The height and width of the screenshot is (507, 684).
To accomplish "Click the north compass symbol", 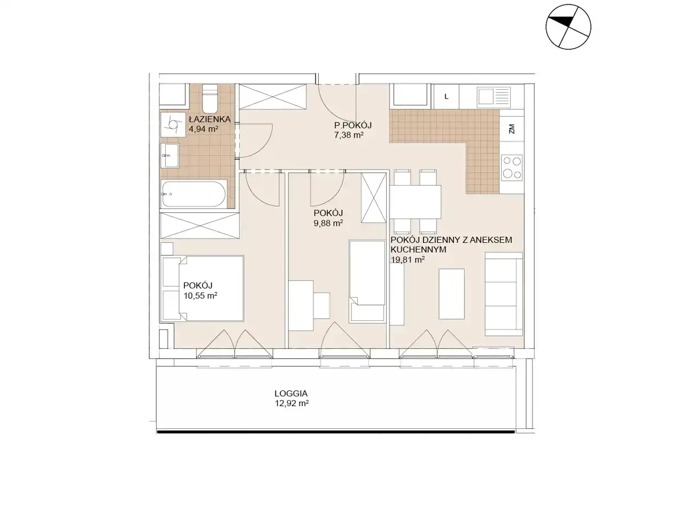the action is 568,27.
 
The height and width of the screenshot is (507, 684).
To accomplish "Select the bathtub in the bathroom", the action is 194,194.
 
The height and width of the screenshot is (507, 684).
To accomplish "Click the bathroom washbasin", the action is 170,156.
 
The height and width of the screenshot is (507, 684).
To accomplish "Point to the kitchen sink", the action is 494,96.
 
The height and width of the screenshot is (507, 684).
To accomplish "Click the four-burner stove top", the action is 512,167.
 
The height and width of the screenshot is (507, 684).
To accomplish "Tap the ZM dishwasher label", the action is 512,129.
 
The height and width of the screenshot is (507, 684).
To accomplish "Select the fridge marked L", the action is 446,96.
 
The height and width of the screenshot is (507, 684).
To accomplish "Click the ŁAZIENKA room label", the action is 210,119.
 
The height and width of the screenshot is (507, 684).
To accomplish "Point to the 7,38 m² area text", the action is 349,135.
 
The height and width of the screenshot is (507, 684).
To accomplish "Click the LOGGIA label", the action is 291,394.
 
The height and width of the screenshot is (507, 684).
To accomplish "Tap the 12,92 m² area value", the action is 292,403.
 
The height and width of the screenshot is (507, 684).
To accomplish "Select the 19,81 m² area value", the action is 408,260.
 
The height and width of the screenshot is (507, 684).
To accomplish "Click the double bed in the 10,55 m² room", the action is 203,288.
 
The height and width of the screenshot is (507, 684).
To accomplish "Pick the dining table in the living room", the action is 416,202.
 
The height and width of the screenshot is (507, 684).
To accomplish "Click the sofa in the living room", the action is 504,294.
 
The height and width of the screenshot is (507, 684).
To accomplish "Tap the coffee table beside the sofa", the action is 451,294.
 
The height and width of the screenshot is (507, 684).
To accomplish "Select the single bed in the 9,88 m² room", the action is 367,281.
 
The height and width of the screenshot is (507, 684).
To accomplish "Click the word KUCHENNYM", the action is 419,250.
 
